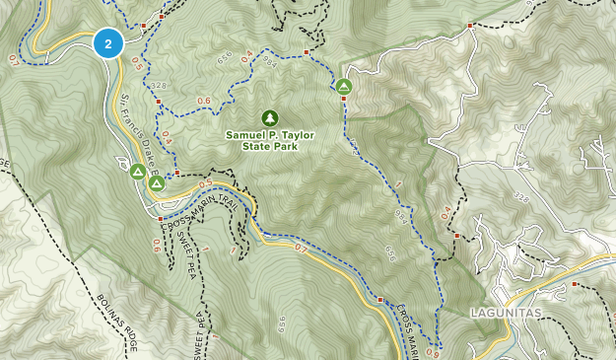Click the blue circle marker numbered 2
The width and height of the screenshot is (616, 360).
[107, 43]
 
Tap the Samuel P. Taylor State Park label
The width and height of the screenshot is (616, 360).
[270, 140]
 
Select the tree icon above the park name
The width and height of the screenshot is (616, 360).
[270, 117]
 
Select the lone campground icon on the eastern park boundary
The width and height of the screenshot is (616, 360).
[344, 87]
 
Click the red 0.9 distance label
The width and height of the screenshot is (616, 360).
[435, 353]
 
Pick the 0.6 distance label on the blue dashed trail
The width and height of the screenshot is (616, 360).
[204, 101]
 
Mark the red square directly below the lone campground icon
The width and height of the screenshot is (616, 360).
[344, 100]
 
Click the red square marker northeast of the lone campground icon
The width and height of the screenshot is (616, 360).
[470, 26]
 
